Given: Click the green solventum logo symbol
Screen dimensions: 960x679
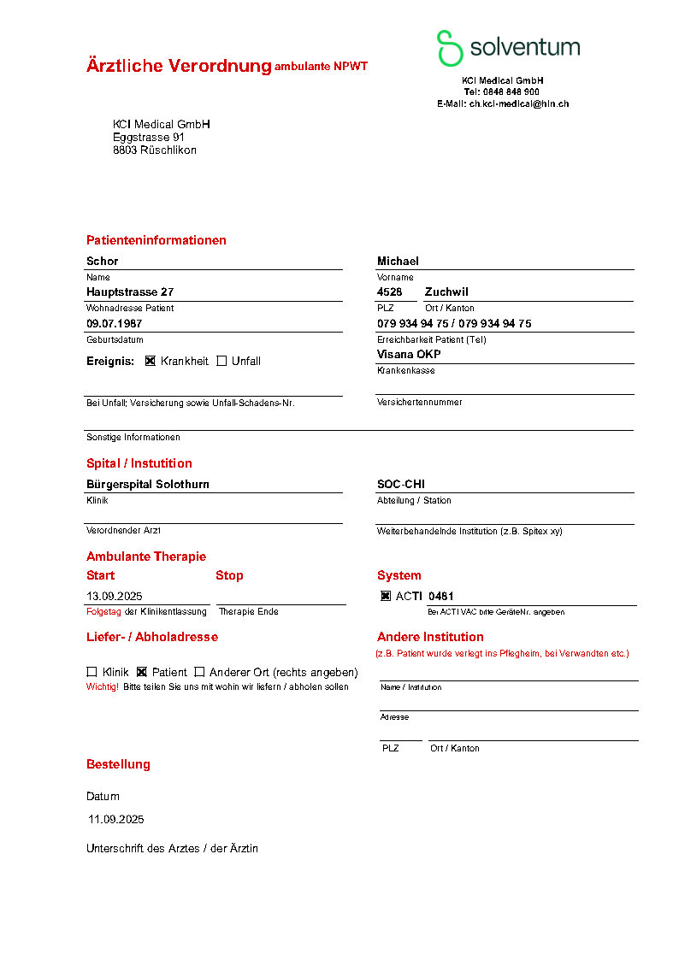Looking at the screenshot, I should point(450,48).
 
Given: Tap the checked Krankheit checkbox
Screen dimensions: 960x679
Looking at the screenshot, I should point(151,361).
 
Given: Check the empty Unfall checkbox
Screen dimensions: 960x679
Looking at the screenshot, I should point(221,361).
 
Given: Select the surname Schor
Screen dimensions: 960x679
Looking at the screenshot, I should point(103,261).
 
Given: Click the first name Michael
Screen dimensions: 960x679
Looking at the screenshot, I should point(398,261).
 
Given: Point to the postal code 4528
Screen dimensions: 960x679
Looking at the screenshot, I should point(389,292).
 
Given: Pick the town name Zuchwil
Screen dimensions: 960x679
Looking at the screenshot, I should point(446,292).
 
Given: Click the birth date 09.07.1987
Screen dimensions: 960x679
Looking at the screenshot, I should point(114,323).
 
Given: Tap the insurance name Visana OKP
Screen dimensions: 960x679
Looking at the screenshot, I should point(409,354).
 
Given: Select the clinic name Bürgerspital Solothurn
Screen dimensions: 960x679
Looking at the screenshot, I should point(148,484).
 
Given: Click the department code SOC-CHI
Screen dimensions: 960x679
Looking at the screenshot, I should point(401,484).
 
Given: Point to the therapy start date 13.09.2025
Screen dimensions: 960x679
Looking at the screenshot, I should point(115,596).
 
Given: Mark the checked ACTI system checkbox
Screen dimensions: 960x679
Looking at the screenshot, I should point(386,596).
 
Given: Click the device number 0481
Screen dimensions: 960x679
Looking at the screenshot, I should point(441,596).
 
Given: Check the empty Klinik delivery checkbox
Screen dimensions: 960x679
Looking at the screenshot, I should point(92,672).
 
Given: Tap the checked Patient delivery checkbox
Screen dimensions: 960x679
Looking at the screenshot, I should point(142,672).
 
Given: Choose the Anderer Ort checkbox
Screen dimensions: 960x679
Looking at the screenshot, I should point(199,672).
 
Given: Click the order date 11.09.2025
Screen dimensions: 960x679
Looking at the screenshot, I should point(116,819).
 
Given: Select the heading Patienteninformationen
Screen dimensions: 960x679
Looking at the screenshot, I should point(156,240).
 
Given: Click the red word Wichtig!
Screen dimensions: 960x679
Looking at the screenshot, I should point(102,686).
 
